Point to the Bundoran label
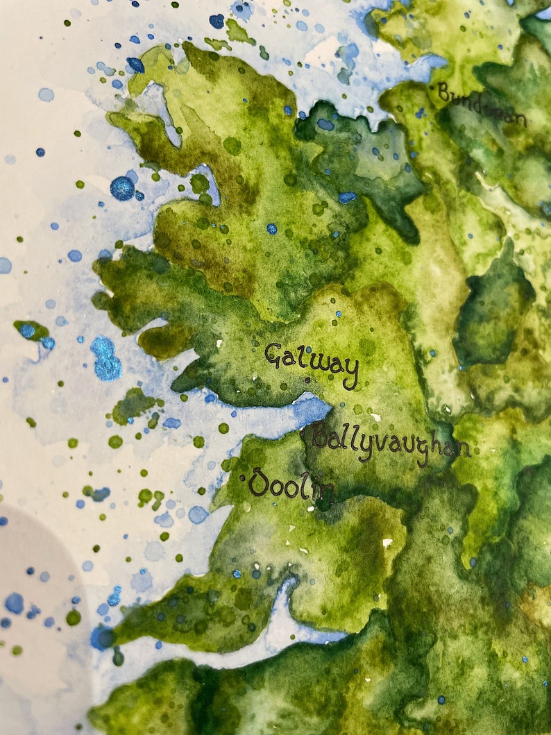click(482, 104)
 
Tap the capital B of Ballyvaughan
click(321, 437)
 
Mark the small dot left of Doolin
click(241, 478)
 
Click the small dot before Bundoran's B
click(433, 87)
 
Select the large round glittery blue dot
click(122, 188)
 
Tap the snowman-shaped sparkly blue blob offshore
click(105, 358)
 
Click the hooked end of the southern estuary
click(286, 586)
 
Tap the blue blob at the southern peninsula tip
click(102, 636)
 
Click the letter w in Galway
click(319, 362)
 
